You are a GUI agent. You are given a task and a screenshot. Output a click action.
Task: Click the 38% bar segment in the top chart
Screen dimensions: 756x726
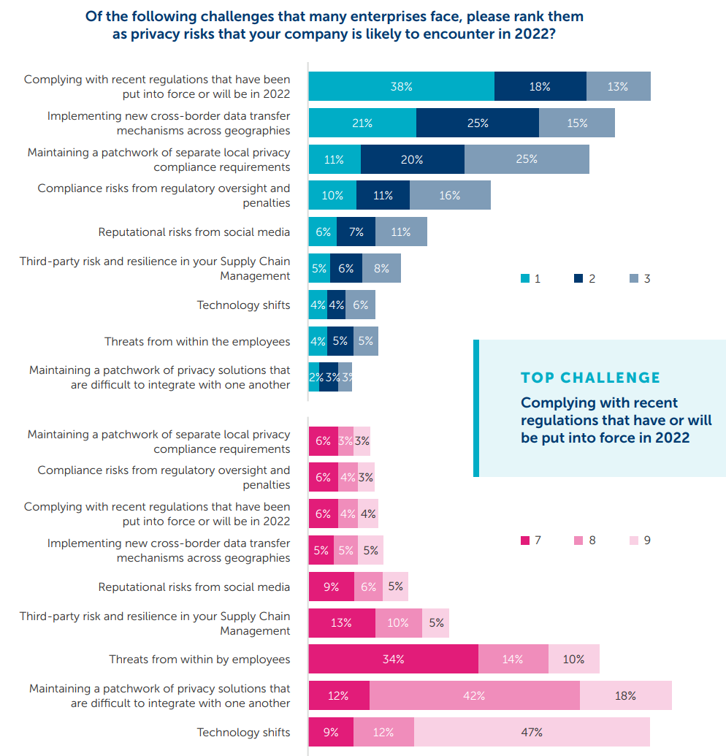[401, 86]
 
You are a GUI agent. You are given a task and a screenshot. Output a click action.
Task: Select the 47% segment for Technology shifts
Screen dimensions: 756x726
[532, 732]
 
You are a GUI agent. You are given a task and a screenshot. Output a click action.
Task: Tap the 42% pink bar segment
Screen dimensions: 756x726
[474, 695]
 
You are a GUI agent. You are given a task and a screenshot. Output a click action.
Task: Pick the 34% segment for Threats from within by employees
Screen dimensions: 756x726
[393, 659]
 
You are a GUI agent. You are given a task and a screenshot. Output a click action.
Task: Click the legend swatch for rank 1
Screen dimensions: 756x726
[524, 278]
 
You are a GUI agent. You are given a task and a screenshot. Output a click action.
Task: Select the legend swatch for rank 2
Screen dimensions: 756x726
[578, 278]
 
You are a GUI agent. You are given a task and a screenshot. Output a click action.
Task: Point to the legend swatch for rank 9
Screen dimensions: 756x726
[633, 541]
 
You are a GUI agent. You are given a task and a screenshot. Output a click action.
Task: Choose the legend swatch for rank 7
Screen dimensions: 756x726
[524, 541]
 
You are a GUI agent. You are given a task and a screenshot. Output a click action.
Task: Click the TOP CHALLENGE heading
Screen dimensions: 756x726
[590, 378]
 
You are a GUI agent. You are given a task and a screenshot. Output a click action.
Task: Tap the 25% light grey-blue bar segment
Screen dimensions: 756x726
[527, 159]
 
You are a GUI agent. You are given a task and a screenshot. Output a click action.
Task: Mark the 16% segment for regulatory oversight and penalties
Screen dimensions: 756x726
[450, 195]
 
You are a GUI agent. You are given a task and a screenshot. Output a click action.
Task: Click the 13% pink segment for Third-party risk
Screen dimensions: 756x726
[341, 622]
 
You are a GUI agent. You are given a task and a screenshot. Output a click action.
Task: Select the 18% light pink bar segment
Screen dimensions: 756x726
[625, 695]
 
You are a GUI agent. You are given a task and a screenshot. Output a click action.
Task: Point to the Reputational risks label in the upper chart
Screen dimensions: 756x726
[194, 232]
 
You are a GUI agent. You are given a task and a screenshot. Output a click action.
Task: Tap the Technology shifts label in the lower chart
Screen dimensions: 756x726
[243, 732]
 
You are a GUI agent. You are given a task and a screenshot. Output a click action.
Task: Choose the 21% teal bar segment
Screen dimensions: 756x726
[362, 123]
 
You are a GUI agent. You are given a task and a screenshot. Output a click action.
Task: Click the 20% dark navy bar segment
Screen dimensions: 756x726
[412, 159]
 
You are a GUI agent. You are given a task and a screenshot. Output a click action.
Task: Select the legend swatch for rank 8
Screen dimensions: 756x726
[578, 541]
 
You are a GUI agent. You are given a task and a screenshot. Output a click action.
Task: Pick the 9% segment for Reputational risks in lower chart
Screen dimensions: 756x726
[331, 586]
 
